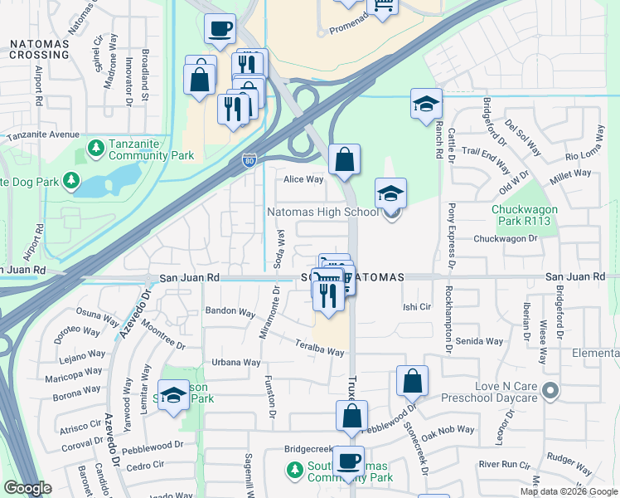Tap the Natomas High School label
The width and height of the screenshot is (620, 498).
(x=322, y=212)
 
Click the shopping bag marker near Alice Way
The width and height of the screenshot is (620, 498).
(x=344, y=159)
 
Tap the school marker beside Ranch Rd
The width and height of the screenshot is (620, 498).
(x=426, y=105)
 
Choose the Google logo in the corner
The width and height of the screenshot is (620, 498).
(x=27, y=488)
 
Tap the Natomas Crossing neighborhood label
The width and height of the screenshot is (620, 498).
(x=40, y=49)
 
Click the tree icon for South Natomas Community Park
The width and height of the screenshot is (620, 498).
(x=294, y=471)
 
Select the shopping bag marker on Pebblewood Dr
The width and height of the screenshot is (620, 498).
(x=412, y=382)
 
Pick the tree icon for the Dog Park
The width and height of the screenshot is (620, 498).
(x=72, y=179)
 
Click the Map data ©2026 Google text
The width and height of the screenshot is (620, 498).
(x=569, y=491)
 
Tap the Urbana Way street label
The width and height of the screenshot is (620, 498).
(x=235, y=362)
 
